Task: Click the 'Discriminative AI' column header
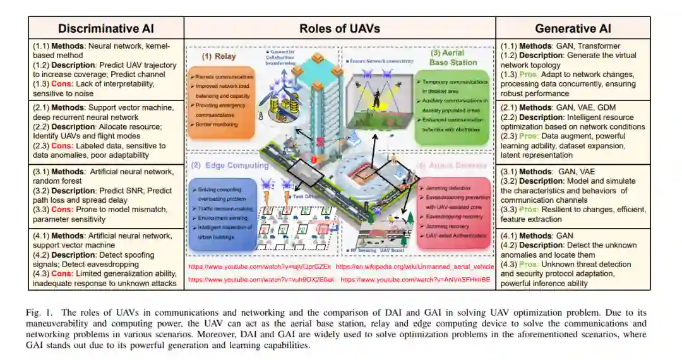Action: (105, 28)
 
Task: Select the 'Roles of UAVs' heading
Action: (339, 28)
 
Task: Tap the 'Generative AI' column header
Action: (573, 28)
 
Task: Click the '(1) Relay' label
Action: (218, 56)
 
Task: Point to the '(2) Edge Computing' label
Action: (229, 165)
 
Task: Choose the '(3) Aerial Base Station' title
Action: (453, 57)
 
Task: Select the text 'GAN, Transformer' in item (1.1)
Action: (588, 45)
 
